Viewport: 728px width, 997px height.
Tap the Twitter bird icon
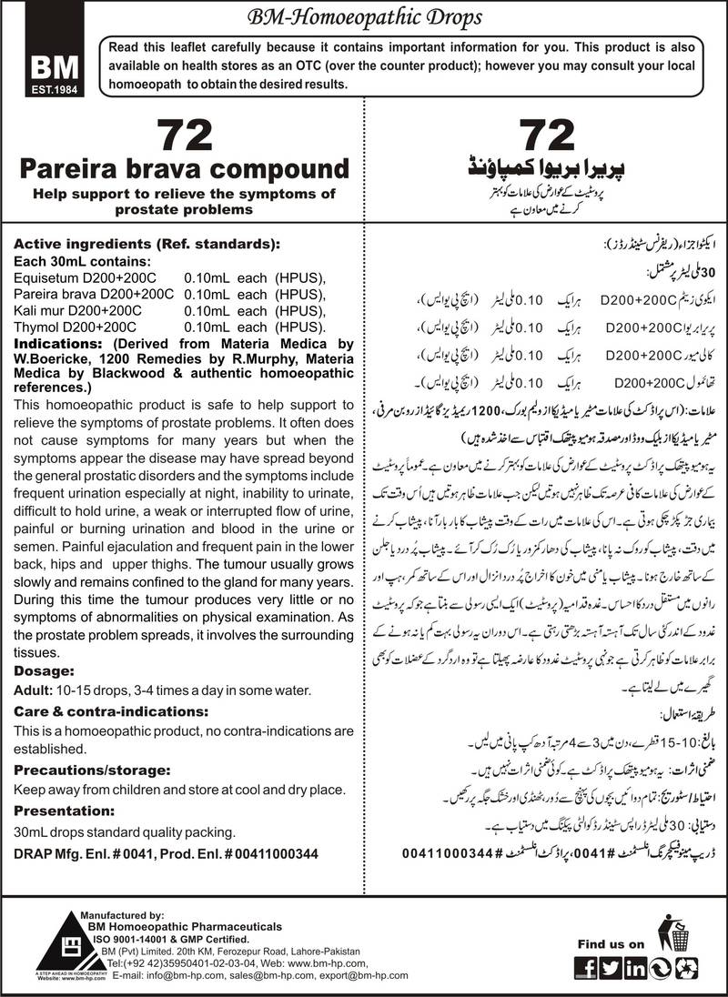coord(612,968)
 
